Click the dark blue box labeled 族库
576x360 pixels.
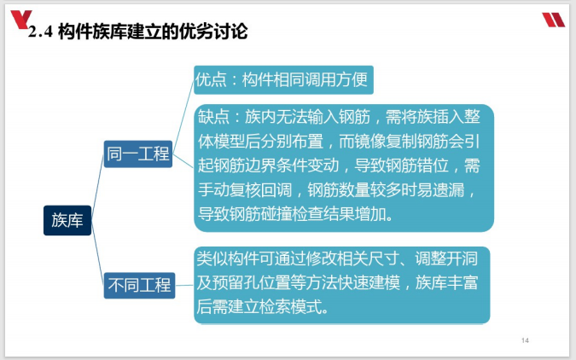(67, 220)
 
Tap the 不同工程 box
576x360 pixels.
(138, 285)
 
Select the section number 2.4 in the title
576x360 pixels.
(42, 33)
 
